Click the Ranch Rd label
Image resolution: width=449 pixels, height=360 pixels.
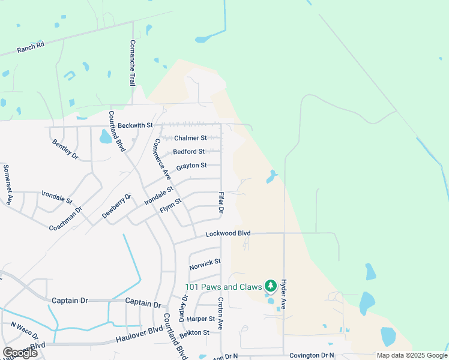[31, 47]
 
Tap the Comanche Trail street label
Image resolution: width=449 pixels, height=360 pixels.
[133, 63]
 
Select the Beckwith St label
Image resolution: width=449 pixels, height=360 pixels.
[136, 125]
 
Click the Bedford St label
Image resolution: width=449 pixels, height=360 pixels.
[188, 152]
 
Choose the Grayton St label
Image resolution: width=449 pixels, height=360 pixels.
[191, 166]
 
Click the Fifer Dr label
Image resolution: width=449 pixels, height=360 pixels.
[221, 203]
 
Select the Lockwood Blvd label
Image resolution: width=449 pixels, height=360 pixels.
[228, 233]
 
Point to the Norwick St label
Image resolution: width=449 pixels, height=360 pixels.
[205, 263]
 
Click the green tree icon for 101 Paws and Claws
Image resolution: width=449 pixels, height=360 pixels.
[270, 285]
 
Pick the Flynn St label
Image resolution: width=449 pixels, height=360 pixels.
[170, 208]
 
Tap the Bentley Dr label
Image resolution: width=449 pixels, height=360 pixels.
[65, 149]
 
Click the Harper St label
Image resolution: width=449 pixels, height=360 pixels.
[201, 319]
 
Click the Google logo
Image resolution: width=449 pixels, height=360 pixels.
[20, 353]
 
